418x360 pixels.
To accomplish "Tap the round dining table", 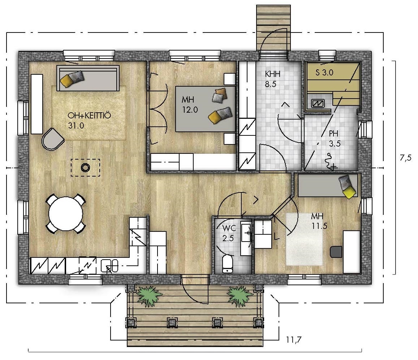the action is [x=66, y=214].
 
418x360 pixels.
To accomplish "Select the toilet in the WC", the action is [x=227, y=264].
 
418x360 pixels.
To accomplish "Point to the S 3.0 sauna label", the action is [x=324, y=73].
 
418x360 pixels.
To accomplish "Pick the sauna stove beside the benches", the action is [x=318, y=103].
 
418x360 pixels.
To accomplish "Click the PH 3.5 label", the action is [x=334, y=139].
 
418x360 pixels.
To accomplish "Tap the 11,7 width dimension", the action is [x=294, y=340].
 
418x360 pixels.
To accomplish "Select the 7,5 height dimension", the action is [x=405, y=158].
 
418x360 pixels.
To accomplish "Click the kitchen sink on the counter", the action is [x=109, y=266].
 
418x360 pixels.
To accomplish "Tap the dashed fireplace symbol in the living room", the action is [x=86, y=168].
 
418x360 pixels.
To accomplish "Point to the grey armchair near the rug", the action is [x=52, y=139].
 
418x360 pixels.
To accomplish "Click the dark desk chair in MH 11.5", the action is [x=336, y=252].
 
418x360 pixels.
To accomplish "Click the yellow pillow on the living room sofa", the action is [x=66, y=80].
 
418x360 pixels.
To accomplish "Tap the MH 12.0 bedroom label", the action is [x=190, y=104].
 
